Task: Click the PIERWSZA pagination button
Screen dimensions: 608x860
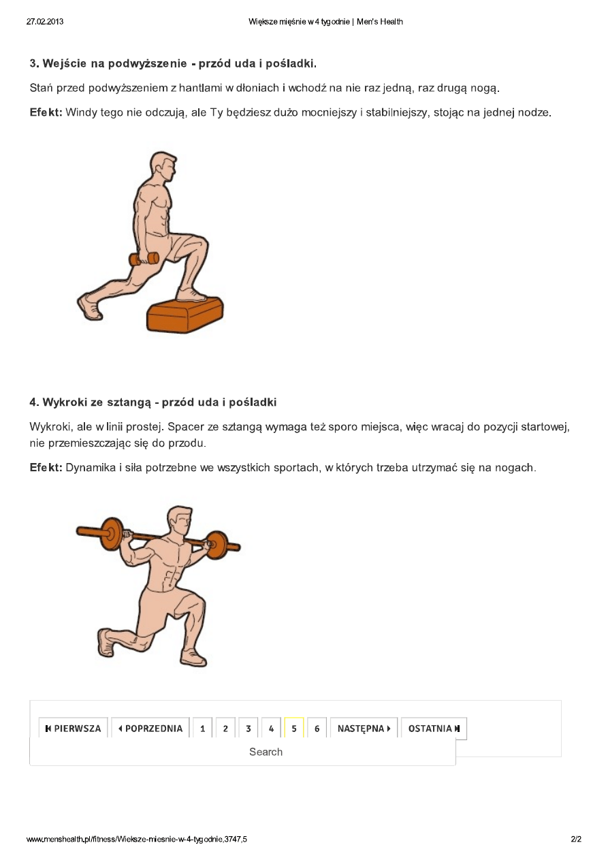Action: click(74, 729)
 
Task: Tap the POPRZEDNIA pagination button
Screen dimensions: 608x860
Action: click(150, 729)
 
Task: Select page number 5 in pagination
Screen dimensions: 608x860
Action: click(294, 729)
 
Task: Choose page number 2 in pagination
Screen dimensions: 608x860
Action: click(225, 729)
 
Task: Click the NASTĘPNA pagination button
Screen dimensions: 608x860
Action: click(364, 729)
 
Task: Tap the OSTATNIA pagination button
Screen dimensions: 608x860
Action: click(434, 729)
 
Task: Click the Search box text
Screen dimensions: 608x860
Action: click(266, 752)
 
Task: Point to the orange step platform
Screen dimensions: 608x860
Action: click(185, 314)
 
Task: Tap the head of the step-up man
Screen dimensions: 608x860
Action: click(164, 166)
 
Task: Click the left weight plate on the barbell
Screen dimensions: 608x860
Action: click(111, 534)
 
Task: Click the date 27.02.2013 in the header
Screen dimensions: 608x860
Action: click(45, 22)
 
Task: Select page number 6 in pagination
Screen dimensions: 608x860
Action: click(317, 729)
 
